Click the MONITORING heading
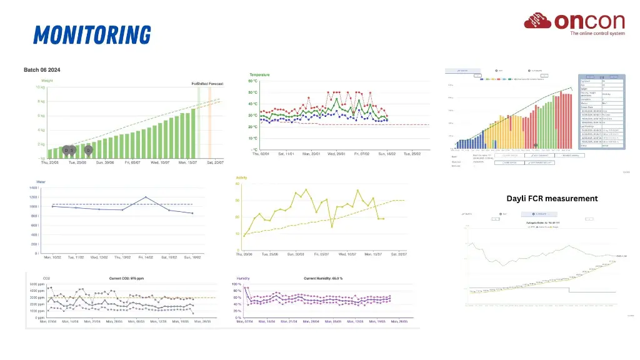pos(92,34)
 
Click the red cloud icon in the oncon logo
pos(537,22)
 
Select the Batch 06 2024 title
pos(42,69)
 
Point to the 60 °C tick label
pos(254,81)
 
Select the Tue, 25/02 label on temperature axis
pos(416,154)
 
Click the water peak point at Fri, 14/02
pos(146,197)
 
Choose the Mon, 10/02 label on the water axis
pos(52,257)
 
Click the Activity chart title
pos(242,177)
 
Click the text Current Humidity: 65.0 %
pos(322,278)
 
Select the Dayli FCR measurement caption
pos(552,199)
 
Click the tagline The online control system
pos(597,34)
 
